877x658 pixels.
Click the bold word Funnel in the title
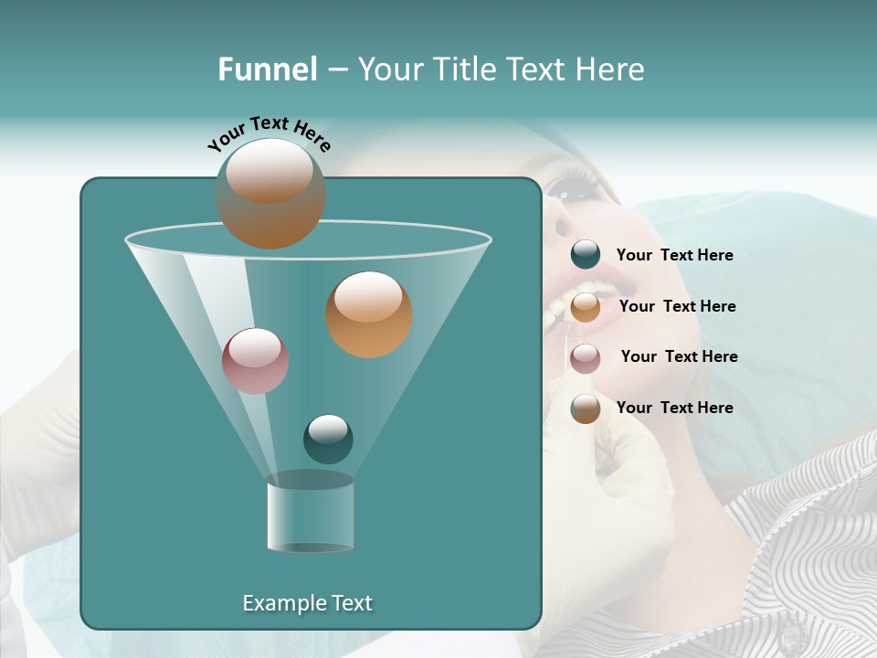268,69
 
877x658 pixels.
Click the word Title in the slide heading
467,69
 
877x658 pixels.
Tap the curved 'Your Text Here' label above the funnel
269,133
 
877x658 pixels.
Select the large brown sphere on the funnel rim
270,193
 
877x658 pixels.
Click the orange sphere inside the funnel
369,314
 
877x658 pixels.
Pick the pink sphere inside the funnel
255,361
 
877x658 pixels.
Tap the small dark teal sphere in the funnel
328,439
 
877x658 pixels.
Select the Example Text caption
308,603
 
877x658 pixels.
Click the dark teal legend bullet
586,255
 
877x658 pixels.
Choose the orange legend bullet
586,307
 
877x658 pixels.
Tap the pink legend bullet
586,357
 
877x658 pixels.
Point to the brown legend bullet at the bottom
586,409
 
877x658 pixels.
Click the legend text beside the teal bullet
674,255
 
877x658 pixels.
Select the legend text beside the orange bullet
677,306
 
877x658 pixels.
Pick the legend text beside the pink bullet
679,356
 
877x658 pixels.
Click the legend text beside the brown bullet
674,408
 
